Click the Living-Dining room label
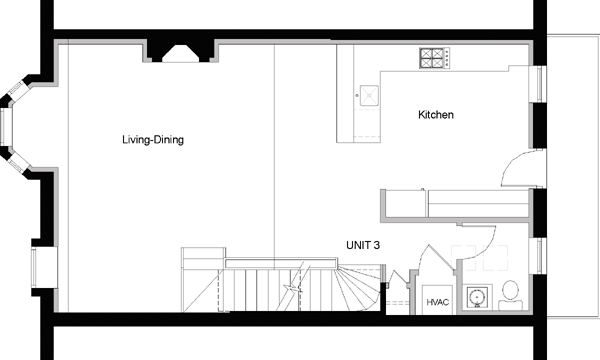(153, 140)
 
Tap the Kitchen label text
(436, 114)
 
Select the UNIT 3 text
(363, 245)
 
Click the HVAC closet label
(437, 302)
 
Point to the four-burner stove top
(434, 58)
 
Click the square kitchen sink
(369, 95)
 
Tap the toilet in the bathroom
(510, 295)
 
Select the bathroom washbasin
(477, 296)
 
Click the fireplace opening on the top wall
(181, 54)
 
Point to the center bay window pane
(7, 127)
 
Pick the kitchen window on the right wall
(541, 84)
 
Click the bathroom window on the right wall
(541, 256)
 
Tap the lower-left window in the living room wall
(34, 267)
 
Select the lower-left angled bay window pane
(19, 163)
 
